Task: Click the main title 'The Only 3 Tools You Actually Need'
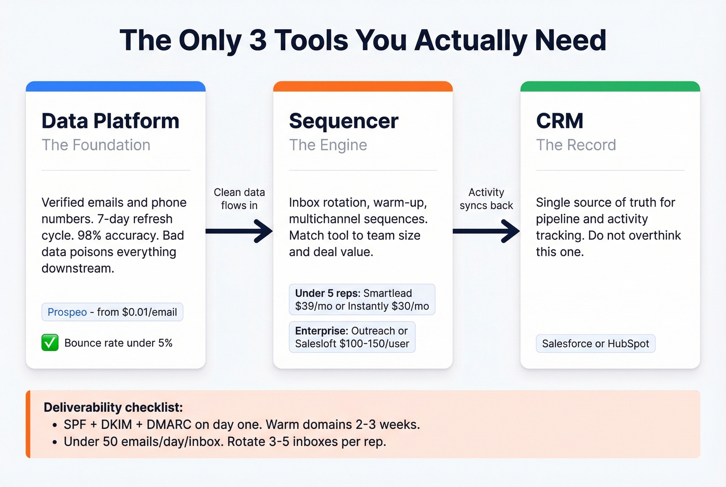(363, 40)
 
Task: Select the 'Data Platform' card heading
(110, 121)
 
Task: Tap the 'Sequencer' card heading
(343, 121)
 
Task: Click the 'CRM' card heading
(560, 121)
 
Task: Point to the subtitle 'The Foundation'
(96, 145)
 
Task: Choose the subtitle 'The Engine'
(328, 145)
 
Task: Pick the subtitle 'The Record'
(576, 145)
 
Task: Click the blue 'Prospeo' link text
(67, 312)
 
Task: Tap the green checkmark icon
(50, 343)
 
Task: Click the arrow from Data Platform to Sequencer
(239, 231)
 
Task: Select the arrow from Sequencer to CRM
(486, 231)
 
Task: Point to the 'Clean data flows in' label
(239, 199)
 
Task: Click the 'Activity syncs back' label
(486, 199)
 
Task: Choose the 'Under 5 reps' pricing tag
(362, 300)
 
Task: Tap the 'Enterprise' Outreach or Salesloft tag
(352, 337)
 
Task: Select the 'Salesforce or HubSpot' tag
(595, 343)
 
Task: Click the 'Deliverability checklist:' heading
(113, 407)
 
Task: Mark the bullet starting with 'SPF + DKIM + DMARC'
(242, 424)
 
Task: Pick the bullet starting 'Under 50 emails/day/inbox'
(225, 441)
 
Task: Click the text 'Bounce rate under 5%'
(118, 343)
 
